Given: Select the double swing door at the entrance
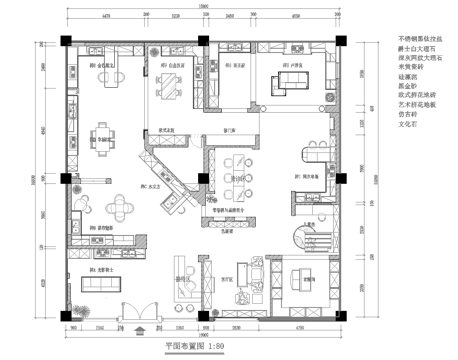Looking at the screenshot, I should [137, 309].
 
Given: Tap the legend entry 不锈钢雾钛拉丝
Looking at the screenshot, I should [408, 39].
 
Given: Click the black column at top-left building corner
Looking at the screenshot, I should [64, 40].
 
